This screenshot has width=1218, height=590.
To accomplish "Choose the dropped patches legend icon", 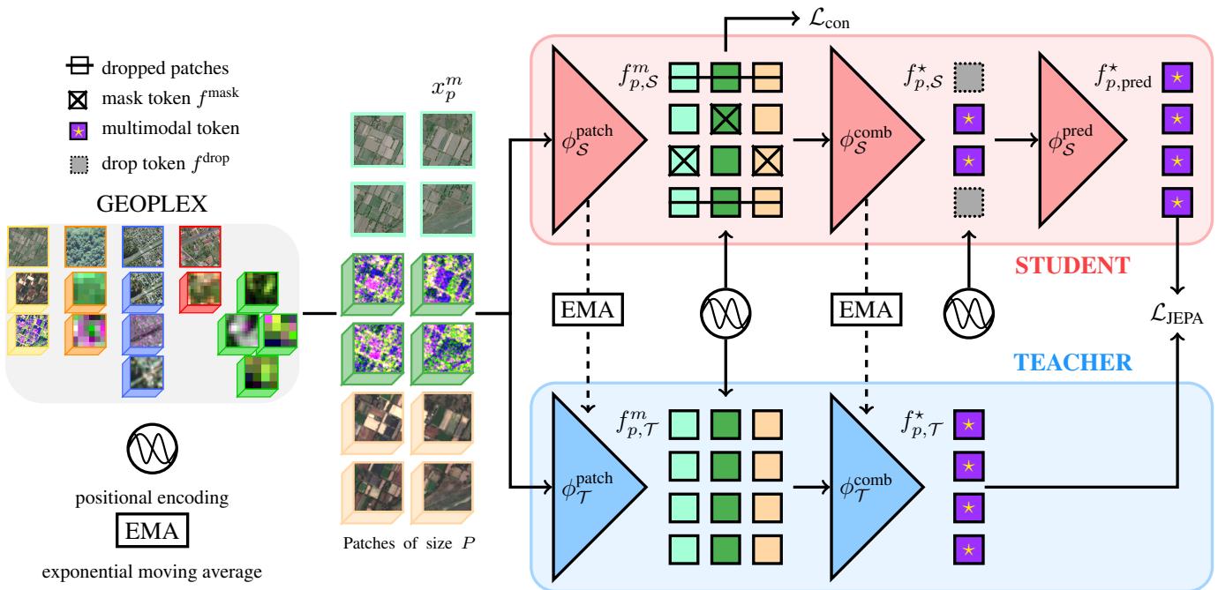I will [77, 66].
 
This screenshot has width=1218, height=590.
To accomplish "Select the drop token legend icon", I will [77, 162].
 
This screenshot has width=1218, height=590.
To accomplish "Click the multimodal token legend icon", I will [77, 130].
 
